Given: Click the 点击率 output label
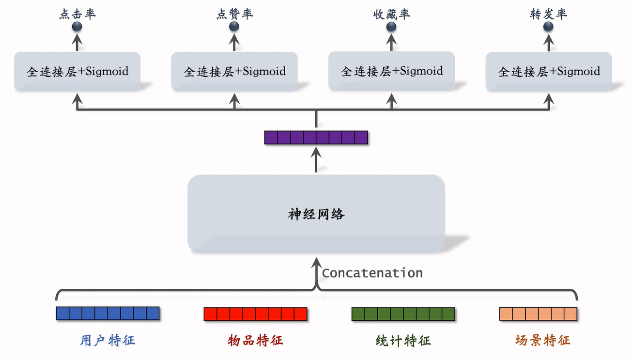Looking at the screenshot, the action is pos(77,14).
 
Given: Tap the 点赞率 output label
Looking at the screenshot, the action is pos(234,14).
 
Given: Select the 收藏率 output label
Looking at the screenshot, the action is pos(392,14).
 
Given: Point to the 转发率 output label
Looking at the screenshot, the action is pos(549,14).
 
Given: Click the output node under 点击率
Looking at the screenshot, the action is pos(77,27).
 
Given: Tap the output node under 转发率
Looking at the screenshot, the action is pos(548,27).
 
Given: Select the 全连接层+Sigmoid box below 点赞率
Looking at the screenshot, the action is pos(234,72).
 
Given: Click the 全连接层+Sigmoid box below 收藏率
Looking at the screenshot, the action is pos(391,71).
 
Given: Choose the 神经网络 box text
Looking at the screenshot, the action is pos(316,214).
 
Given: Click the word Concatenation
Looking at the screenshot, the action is pos(372,273).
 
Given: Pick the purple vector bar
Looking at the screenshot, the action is pos(316,138).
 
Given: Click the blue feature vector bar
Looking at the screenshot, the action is pos(108,313).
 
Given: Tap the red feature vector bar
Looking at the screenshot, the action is pos(255,314).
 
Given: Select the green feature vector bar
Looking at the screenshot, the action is pos(403,314).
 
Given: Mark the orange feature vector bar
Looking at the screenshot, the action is pos(539,314).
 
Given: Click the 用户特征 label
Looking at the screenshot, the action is pos(108,340).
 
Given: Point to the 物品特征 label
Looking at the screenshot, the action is pos(255,340).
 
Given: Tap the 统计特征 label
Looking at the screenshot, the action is pos(403,341).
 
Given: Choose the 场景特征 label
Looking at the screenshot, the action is pos(543,340).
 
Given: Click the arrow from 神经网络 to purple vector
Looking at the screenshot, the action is pos(316,160).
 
